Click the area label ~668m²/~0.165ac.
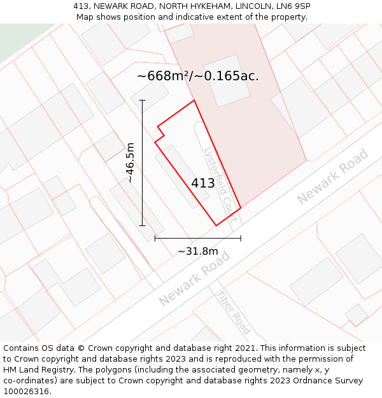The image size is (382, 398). click(x=198, y=76)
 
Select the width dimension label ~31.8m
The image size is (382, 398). click(x=197, y=252)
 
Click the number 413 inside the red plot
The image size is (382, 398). click(x=203, y=183)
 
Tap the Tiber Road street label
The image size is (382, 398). click(x=233, y=313)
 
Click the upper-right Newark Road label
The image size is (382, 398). click(x=332, y=176)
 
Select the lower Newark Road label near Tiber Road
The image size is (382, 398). click(x=194, y=278)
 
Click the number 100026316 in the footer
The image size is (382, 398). click(x=25, y=392)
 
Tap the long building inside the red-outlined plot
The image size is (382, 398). click(x=181, y=176)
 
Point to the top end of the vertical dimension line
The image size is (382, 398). click(x=142, y=101)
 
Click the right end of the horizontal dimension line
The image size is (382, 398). click(x=241, y=239)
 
